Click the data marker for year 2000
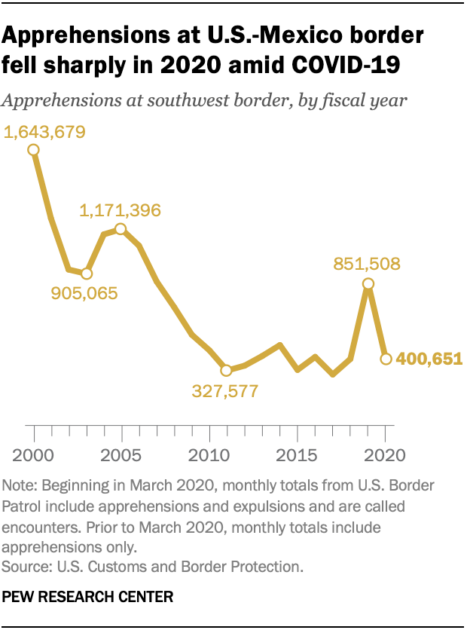[34, 149]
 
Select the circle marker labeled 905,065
[87, 274]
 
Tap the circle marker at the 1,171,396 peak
[121, 228]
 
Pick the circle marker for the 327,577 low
[226, 370]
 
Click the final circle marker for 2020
[386, 359]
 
